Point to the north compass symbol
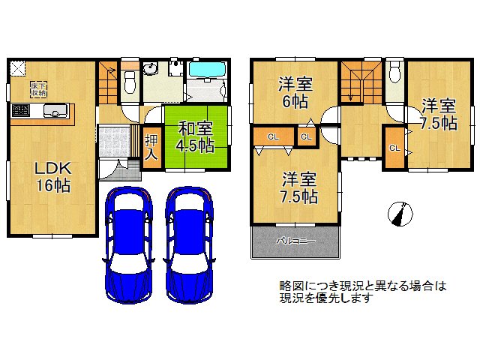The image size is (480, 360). (x=400, y=214)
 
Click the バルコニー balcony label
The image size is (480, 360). (x=295, y=241)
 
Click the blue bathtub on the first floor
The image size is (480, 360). (x=207, y=70)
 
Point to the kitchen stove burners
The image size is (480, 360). (x=19, y=112)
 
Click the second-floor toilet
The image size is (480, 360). (x=395, y=73)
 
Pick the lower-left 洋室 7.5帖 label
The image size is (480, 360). (x=299, y=189)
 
